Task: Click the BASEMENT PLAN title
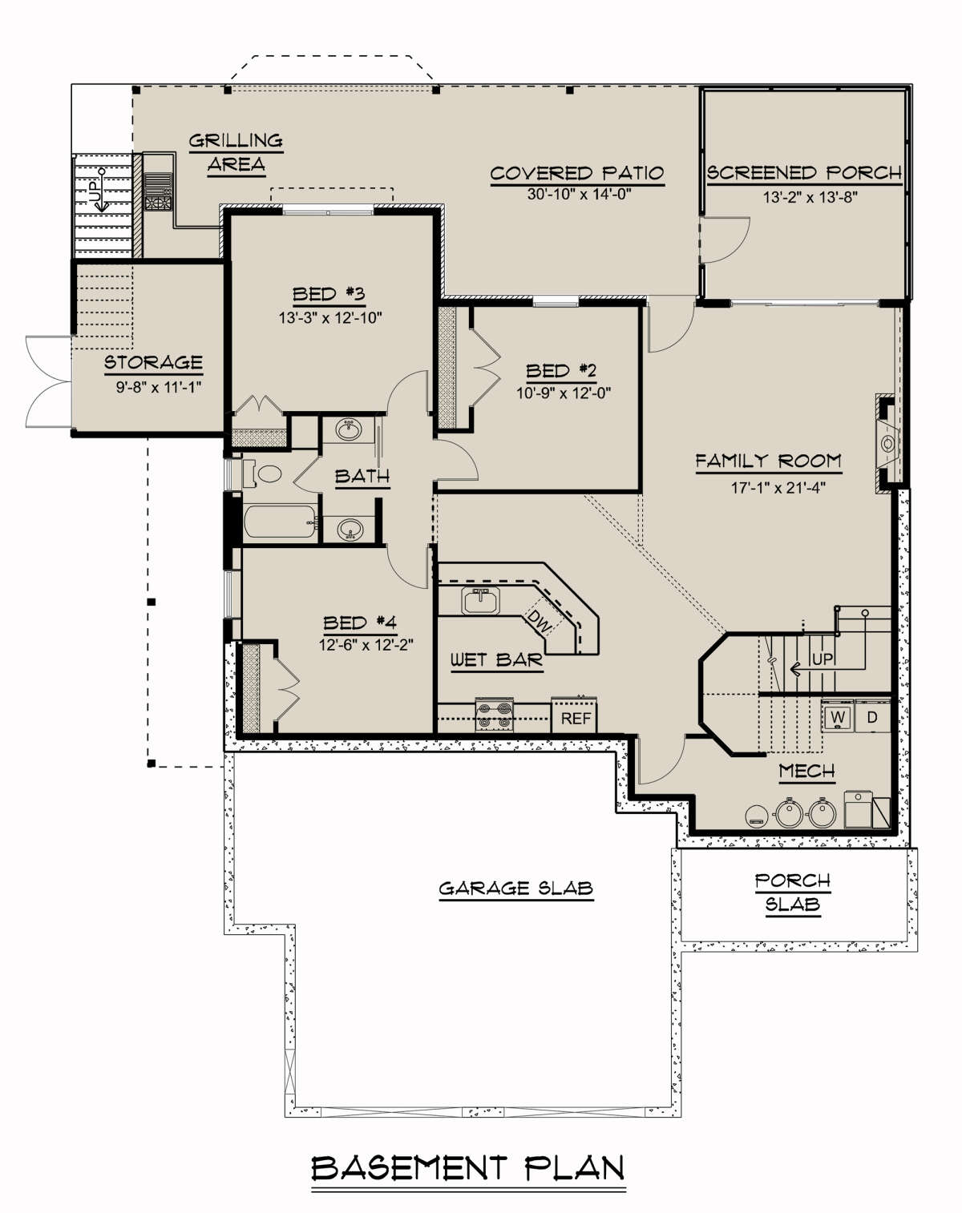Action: coord(467,1168)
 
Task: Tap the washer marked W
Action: coord(838,716)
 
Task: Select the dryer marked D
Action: coord(872,716)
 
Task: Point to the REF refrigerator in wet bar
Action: coord(574,716)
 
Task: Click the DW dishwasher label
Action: coord(540,621)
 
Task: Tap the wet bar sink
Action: coord(481,600)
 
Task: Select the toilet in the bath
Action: coord(262,474)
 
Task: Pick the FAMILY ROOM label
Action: coord(768,461)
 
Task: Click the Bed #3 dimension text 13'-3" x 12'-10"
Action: coord(330,318)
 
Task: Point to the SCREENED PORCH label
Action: coord(805,172)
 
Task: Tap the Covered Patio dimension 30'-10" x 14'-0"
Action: coord(579,195)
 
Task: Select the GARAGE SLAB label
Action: coord(516,889)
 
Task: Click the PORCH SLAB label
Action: coord(793,893)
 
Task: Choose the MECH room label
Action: coord(806,771)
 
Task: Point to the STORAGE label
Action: coord(153,362)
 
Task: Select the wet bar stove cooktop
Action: coord(495,715)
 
